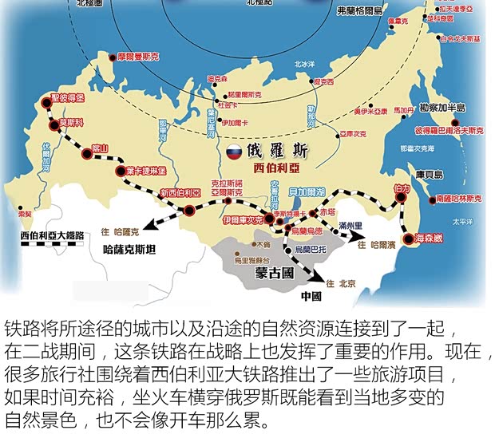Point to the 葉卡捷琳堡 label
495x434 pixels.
pyautogui.click(x=145, y=171)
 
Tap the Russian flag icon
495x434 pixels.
pyautogui.click(x=234, y=152)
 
